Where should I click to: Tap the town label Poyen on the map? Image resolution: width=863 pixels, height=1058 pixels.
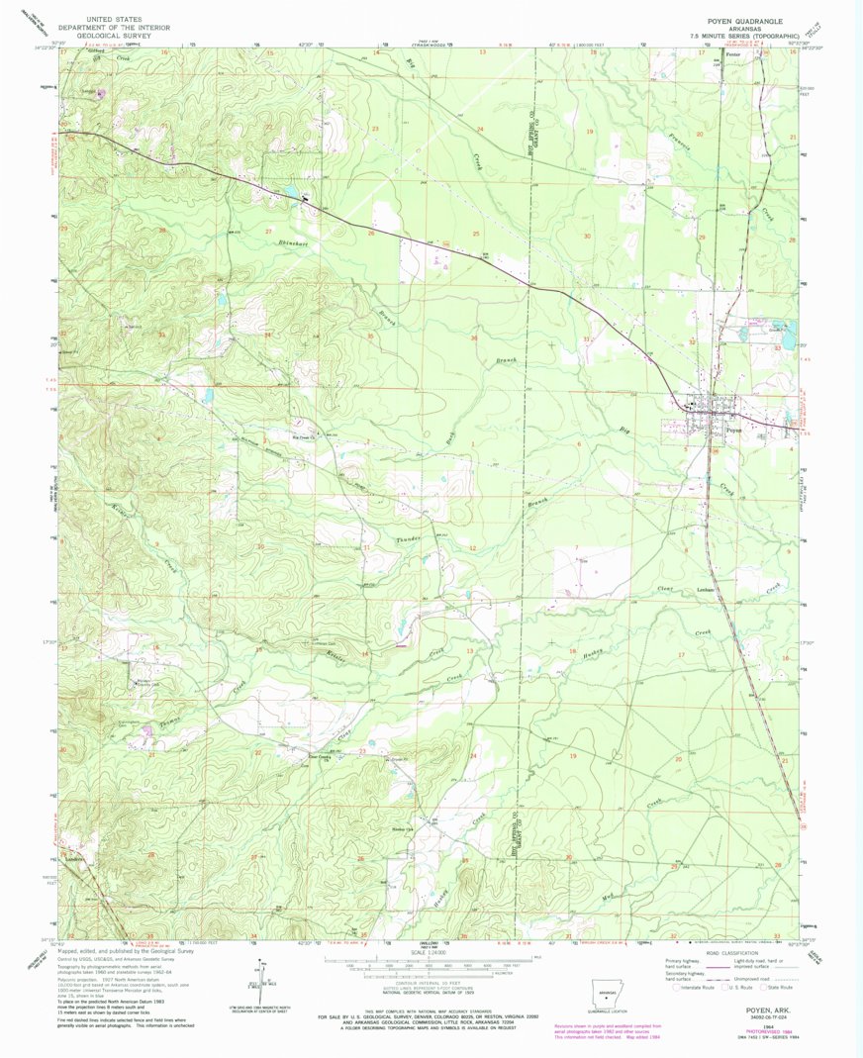click(733, 430)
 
